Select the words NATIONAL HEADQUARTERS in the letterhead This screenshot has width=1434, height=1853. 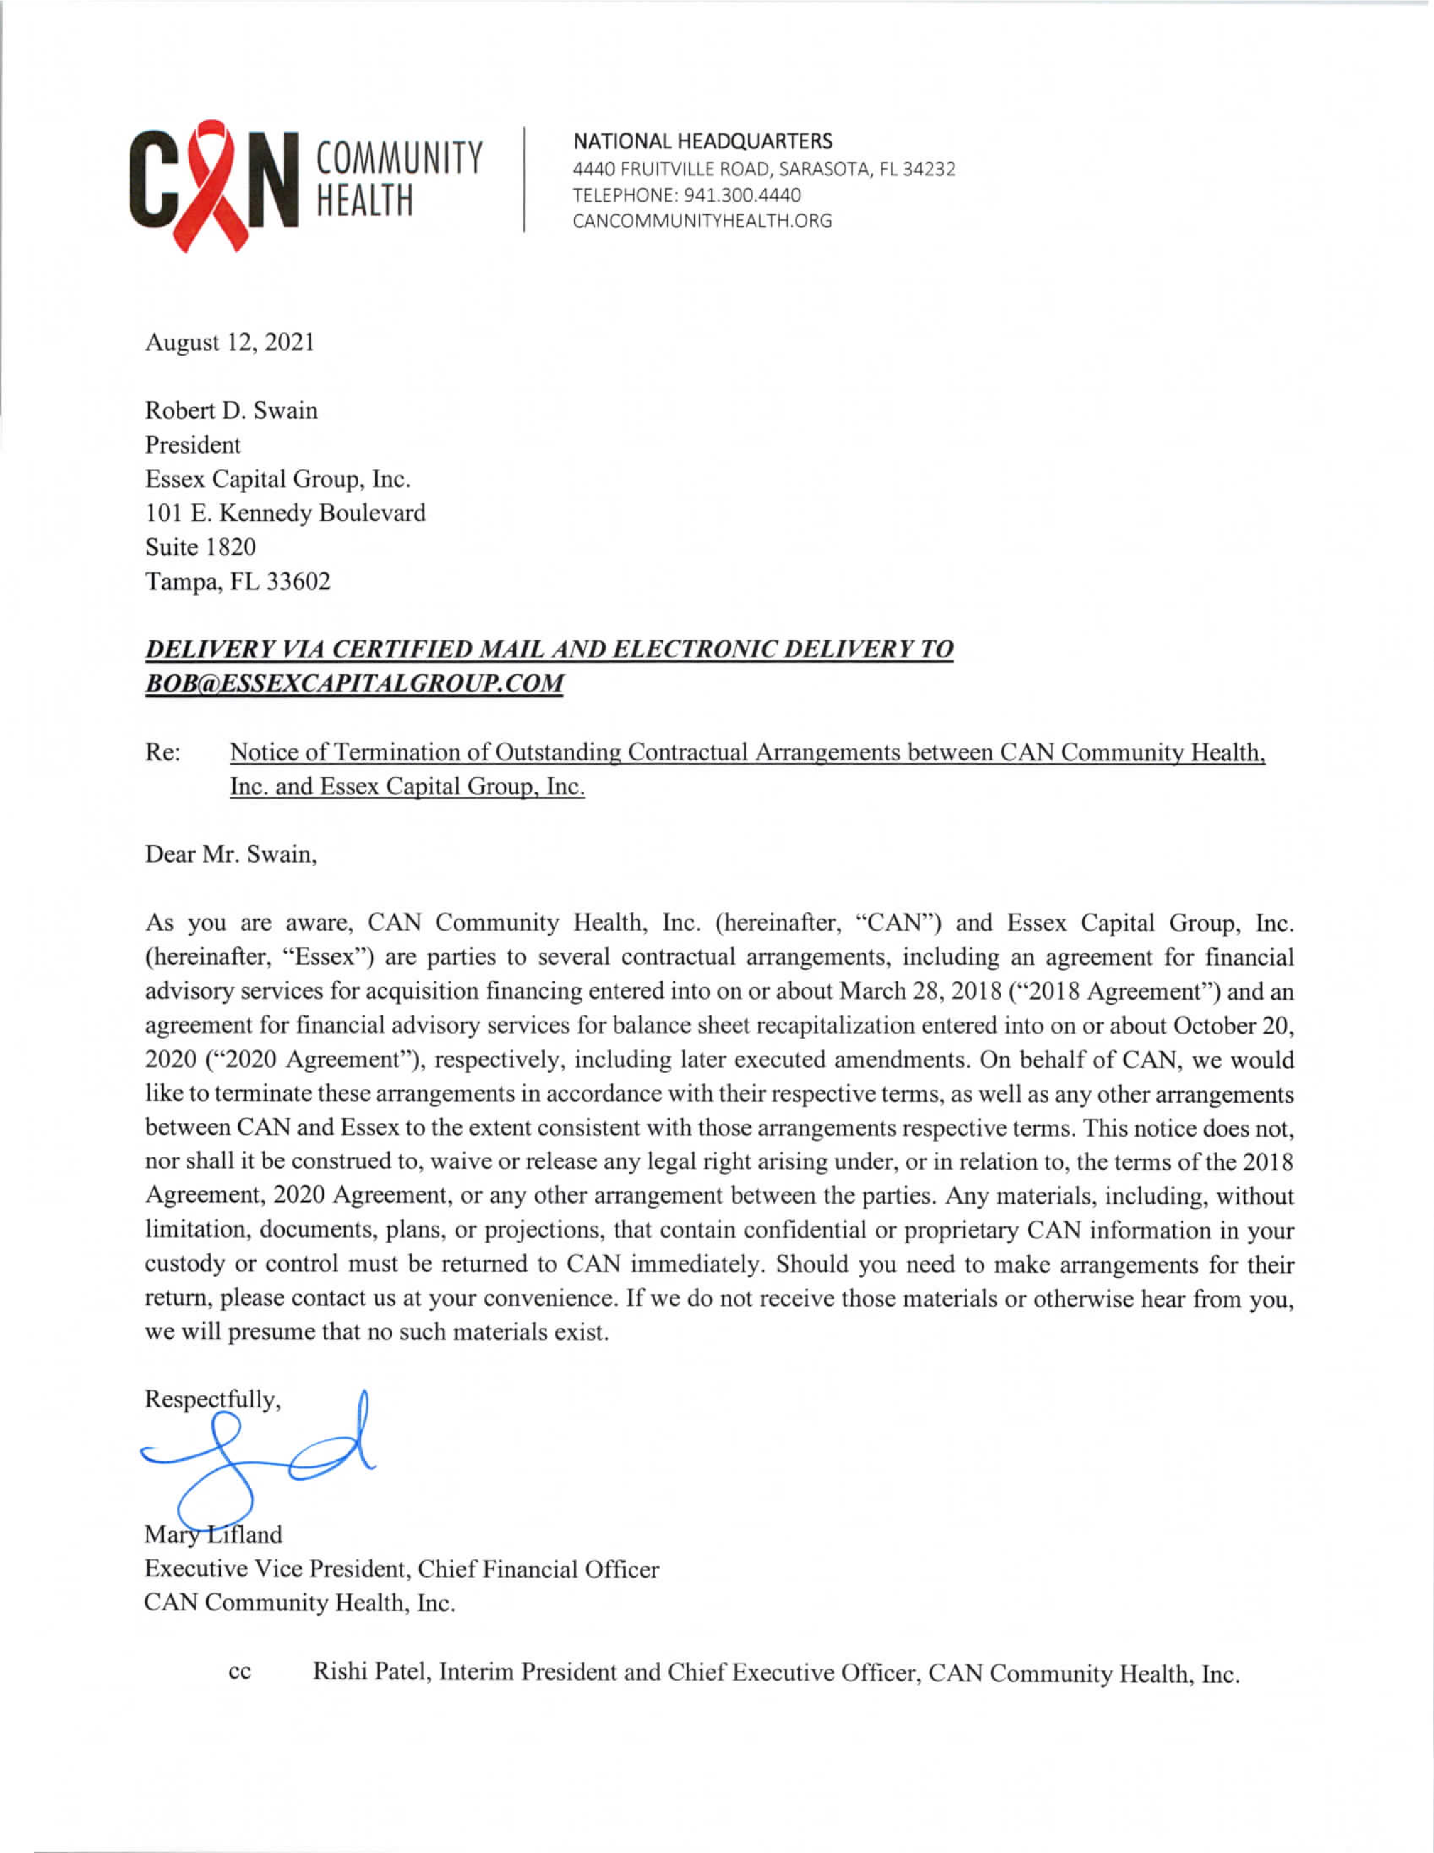coord(703,141)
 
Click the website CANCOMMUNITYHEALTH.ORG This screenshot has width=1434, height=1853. coord(702,221)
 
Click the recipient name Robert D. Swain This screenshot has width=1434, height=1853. coord(231,411)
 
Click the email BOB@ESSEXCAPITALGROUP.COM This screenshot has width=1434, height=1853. coord(354,684)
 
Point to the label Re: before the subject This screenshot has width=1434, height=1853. coord(162,752)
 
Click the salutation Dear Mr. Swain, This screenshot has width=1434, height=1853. coord(231,854)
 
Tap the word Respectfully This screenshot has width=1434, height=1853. coord(211,1399)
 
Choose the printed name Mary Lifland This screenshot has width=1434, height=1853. coord(213,1535)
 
